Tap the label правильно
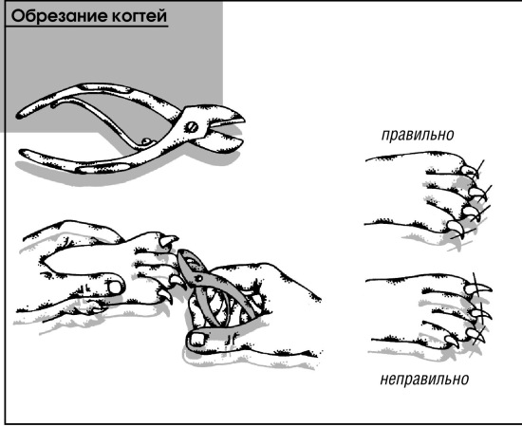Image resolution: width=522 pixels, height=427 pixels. [418, 135]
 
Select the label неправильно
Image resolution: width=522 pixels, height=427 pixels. [424, 379]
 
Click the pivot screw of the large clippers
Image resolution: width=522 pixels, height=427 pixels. [192, 127]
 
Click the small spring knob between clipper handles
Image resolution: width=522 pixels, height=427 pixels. [145, 141]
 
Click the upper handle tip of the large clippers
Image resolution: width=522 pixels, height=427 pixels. [21, 115]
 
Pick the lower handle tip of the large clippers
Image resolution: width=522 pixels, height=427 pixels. [25, 153]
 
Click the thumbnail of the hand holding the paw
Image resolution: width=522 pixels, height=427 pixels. [115, 288]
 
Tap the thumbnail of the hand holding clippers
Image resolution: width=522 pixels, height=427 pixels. [197, 339]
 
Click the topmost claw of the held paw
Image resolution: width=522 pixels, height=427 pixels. [170, 240]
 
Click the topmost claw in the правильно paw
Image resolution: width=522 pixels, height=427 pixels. [470, 171]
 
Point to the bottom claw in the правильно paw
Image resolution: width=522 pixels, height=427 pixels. [455, 229]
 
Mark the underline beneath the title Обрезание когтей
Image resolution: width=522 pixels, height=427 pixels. [87, 27]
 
